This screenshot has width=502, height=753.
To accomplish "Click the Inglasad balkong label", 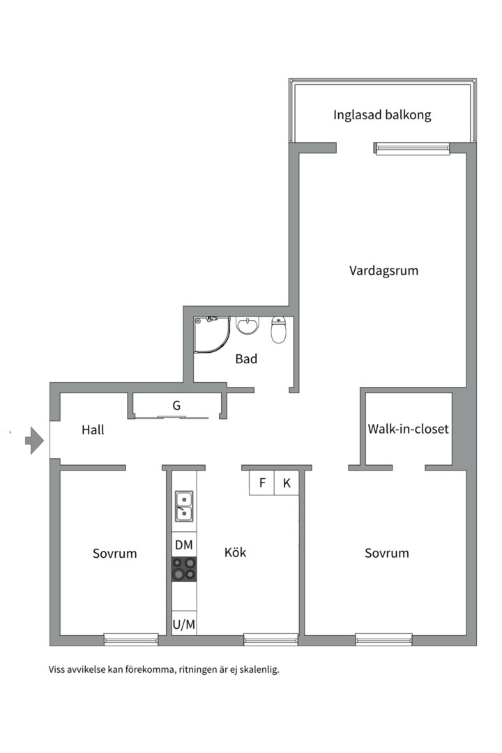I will click(x=382, y=115).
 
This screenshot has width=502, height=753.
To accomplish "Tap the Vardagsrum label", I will click(x=383, y=271).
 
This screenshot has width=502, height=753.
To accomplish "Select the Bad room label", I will click(x=246, y=359).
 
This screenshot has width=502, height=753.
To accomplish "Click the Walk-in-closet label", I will click(x=409, y=429).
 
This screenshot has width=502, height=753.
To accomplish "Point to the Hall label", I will click(x=93, y=430).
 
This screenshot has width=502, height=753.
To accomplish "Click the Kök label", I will click(x=235, y=553).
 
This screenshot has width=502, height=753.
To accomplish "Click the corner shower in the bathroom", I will click(x=213, y=334).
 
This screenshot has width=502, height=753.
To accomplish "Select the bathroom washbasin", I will click(x=248, y=326).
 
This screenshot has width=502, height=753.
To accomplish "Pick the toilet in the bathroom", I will click(x=279, y=330).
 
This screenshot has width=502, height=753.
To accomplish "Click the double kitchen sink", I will click(x=184, y=505).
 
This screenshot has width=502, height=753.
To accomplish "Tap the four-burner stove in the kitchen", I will click(x=184, y=569).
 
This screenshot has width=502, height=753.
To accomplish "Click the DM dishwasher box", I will click(x=184, y=545).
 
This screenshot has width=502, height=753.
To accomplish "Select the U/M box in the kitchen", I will click(x=184, y=624).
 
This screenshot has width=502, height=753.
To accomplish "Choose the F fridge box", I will click(x=262, y=483).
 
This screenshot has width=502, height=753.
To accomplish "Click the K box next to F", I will click(x=287, y=483).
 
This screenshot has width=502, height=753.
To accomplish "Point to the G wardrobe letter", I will click(x=177, y=404).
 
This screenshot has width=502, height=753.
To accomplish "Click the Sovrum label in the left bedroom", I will click(x=115, y=554).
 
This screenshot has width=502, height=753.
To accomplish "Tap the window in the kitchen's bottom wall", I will click(x=271, y=639).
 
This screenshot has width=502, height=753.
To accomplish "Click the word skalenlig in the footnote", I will click(x=257, y=670).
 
